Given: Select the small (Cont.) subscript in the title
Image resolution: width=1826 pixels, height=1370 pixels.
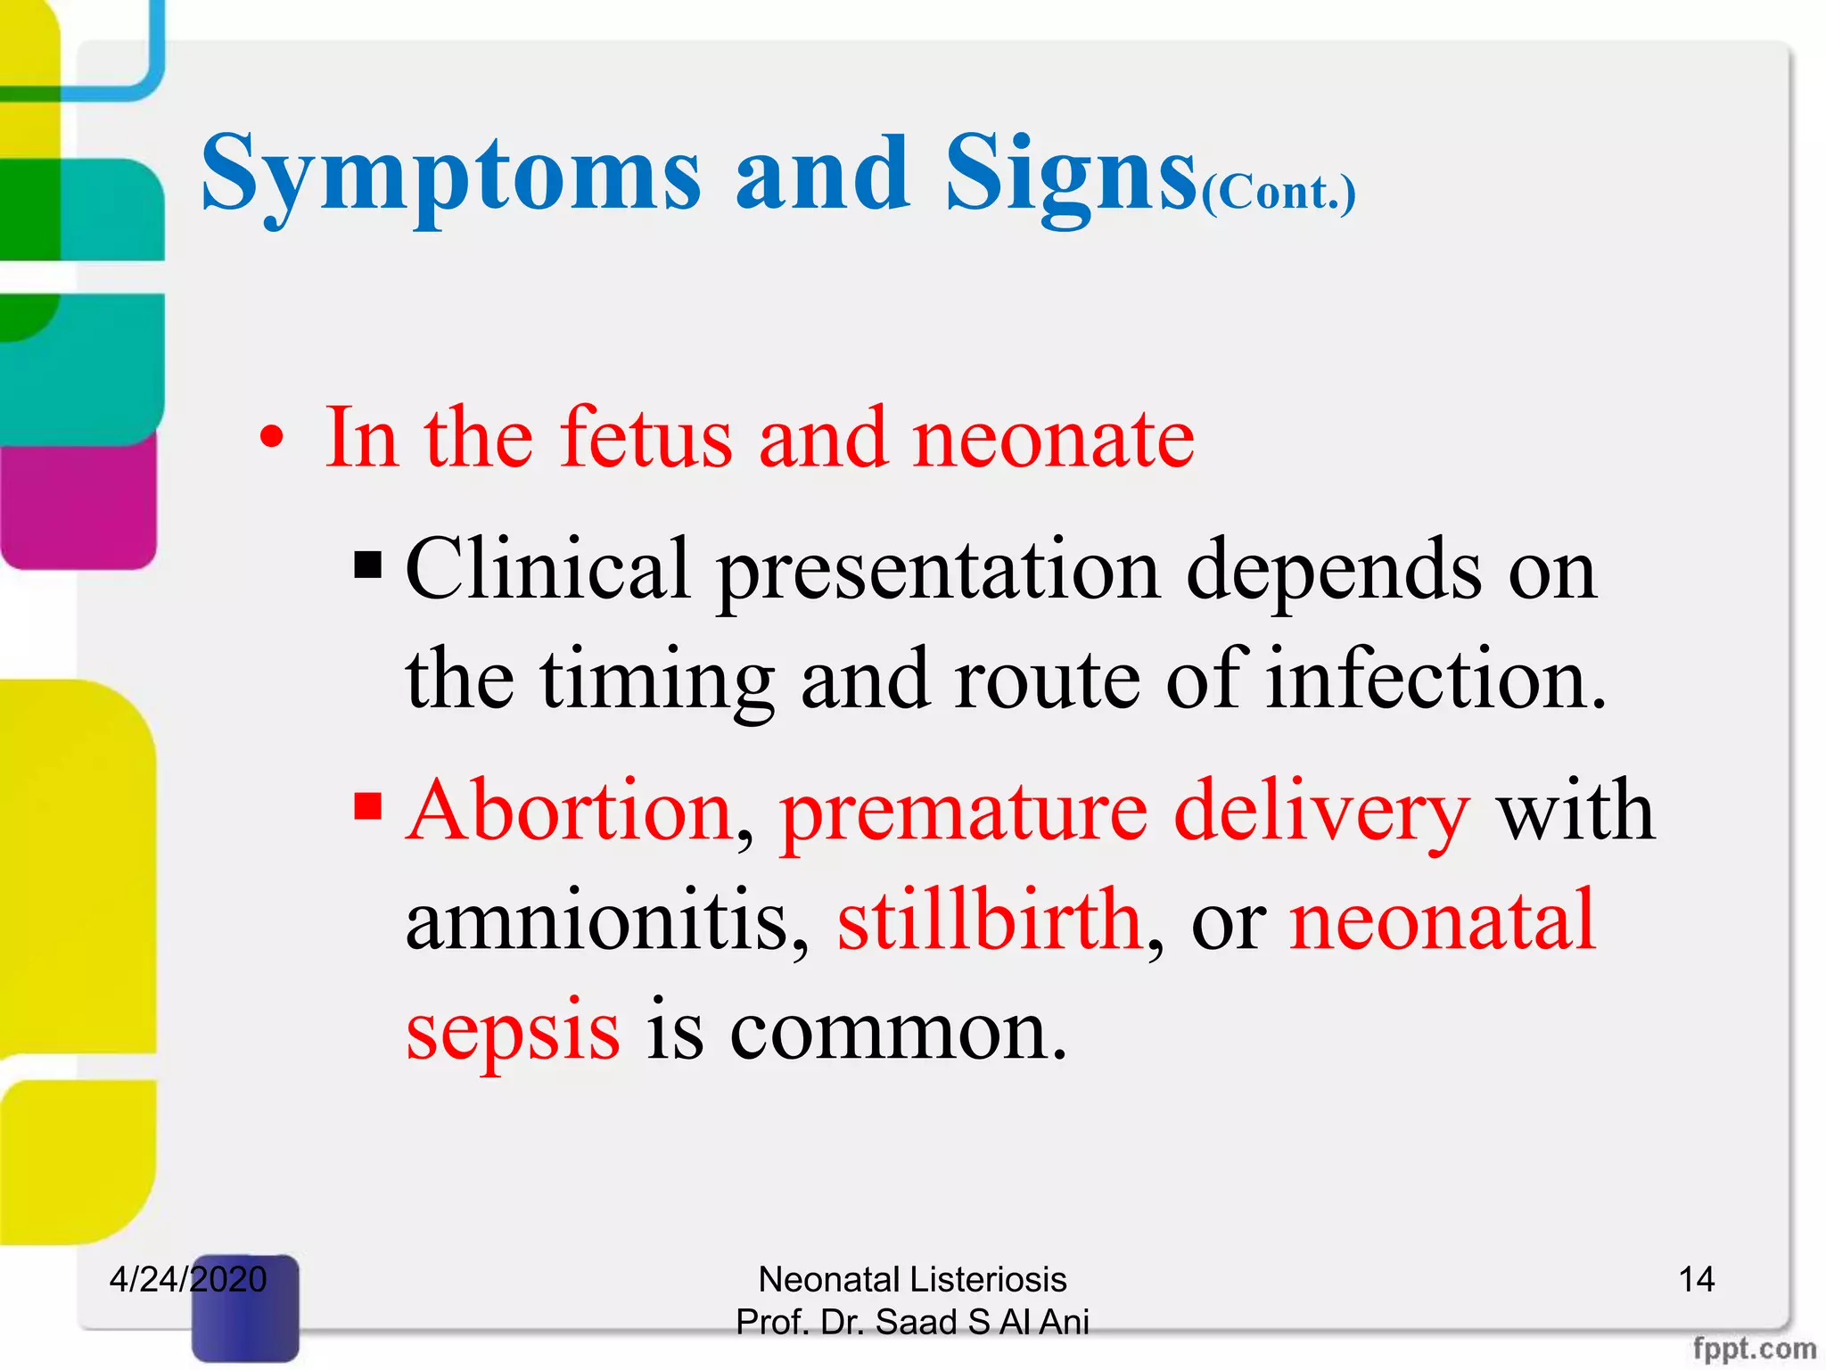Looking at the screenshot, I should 1279,193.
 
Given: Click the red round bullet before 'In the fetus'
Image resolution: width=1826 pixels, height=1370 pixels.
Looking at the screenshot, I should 272,438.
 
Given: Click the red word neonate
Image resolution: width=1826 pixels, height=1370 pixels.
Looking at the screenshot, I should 1053,438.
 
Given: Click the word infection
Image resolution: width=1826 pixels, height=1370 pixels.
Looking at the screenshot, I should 1435,680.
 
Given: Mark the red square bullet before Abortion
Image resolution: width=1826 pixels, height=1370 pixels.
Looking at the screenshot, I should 367,806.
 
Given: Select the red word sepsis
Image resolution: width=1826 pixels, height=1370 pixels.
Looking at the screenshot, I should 513,1031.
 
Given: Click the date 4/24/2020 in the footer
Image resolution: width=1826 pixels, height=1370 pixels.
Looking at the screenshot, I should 187,1279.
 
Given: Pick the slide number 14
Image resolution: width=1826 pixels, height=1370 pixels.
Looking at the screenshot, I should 1696,1279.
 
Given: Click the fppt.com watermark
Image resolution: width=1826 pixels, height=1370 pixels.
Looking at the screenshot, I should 1754,1349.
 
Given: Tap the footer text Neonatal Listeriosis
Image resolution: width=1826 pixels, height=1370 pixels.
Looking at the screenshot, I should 912,1279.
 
